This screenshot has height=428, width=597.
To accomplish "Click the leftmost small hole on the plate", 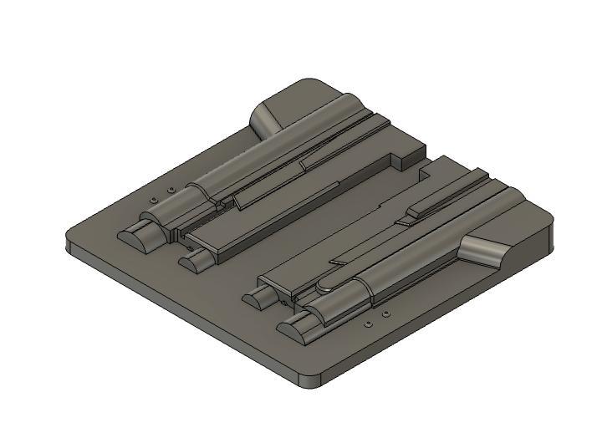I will click(x=153, y=201).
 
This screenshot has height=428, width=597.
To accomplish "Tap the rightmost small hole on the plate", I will click(x=385, y=314).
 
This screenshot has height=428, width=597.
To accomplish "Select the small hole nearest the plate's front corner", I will click(x=368, y=323).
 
